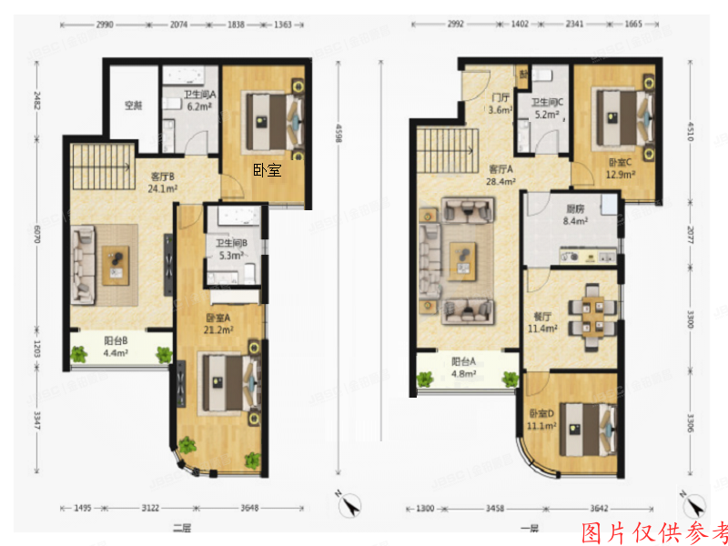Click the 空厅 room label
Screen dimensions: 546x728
(133, 106)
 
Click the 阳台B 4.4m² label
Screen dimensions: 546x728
(115, 347)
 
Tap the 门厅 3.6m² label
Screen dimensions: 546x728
(500, 105)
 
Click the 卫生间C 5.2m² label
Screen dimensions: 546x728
(546, 109)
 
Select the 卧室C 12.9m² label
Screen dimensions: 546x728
(623, 168)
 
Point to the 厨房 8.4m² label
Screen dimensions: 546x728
(574, 213)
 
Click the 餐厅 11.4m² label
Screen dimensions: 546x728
(543, 322)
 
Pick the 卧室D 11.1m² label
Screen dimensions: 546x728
(542, 420)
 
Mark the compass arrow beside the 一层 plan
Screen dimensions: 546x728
(694, 503)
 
